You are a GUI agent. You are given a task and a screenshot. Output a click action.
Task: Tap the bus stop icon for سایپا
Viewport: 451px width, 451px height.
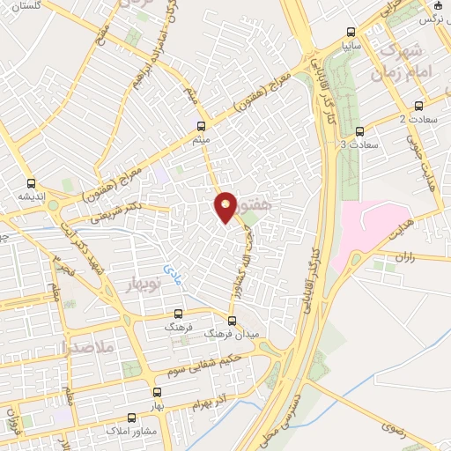click(351, 29)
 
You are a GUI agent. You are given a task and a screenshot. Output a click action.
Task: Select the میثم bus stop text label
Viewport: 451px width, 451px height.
click(201, 140)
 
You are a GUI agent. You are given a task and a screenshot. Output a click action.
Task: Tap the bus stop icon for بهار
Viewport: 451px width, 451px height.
click(157, 393)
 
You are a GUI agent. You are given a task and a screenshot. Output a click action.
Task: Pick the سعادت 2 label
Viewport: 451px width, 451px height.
click(418, 118)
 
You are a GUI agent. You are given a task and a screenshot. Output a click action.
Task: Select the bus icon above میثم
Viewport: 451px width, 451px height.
click(201, 126)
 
